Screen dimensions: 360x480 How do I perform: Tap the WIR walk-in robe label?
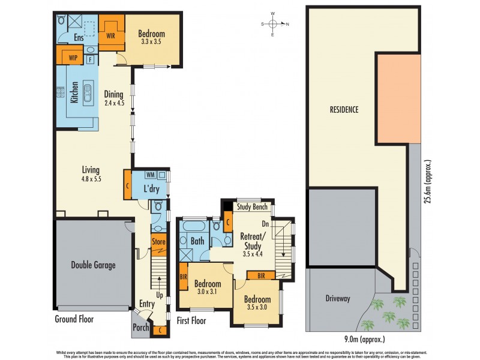pyautogui.click(x=111, y=36)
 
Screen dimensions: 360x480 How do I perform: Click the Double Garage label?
pyautogui.click(x=93, y=265)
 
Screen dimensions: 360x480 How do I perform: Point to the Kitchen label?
pyautogui.click(x=74, y=92)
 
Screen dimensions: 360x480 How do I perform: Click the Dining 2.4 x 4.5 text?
pyautogui.click(x=114, y=98)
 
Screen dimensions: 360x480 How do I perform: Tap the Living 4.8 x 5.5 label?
pyautogui.click(x=91, y=174)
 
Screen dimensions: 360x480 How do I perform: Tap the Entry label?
pyautogui.click(x=147, y=304)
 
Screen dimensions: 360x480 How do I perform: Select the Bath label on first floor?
pyautogui.click(x=198, y=241)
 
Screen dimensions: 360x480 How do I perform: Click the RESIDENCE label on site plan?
pyautogui.click(x=344, y=110)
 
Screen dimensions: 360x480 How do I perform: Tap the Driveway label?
pyautogui.click(x=338, y=298)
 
